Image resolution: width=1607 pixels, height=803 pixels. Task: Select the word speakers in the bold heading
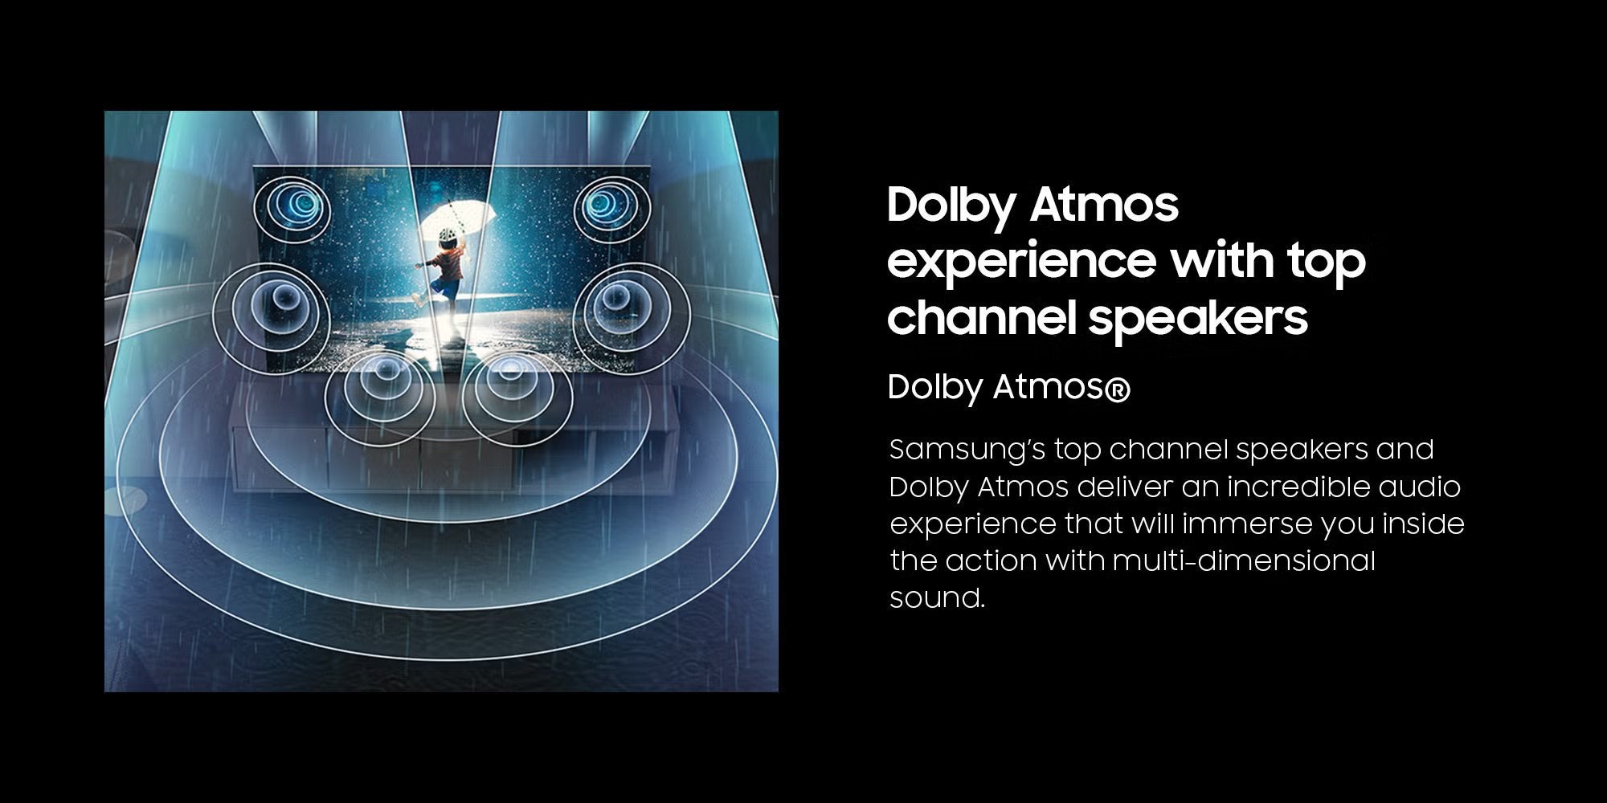1198,316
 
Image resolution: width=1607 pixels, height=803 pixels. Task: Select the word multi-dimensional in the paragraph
1244,560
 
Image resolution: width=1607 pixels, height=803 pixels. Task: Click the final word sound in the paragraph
937,598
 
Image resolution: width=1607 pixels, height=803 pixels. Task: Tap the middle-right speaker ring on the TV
632,309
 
